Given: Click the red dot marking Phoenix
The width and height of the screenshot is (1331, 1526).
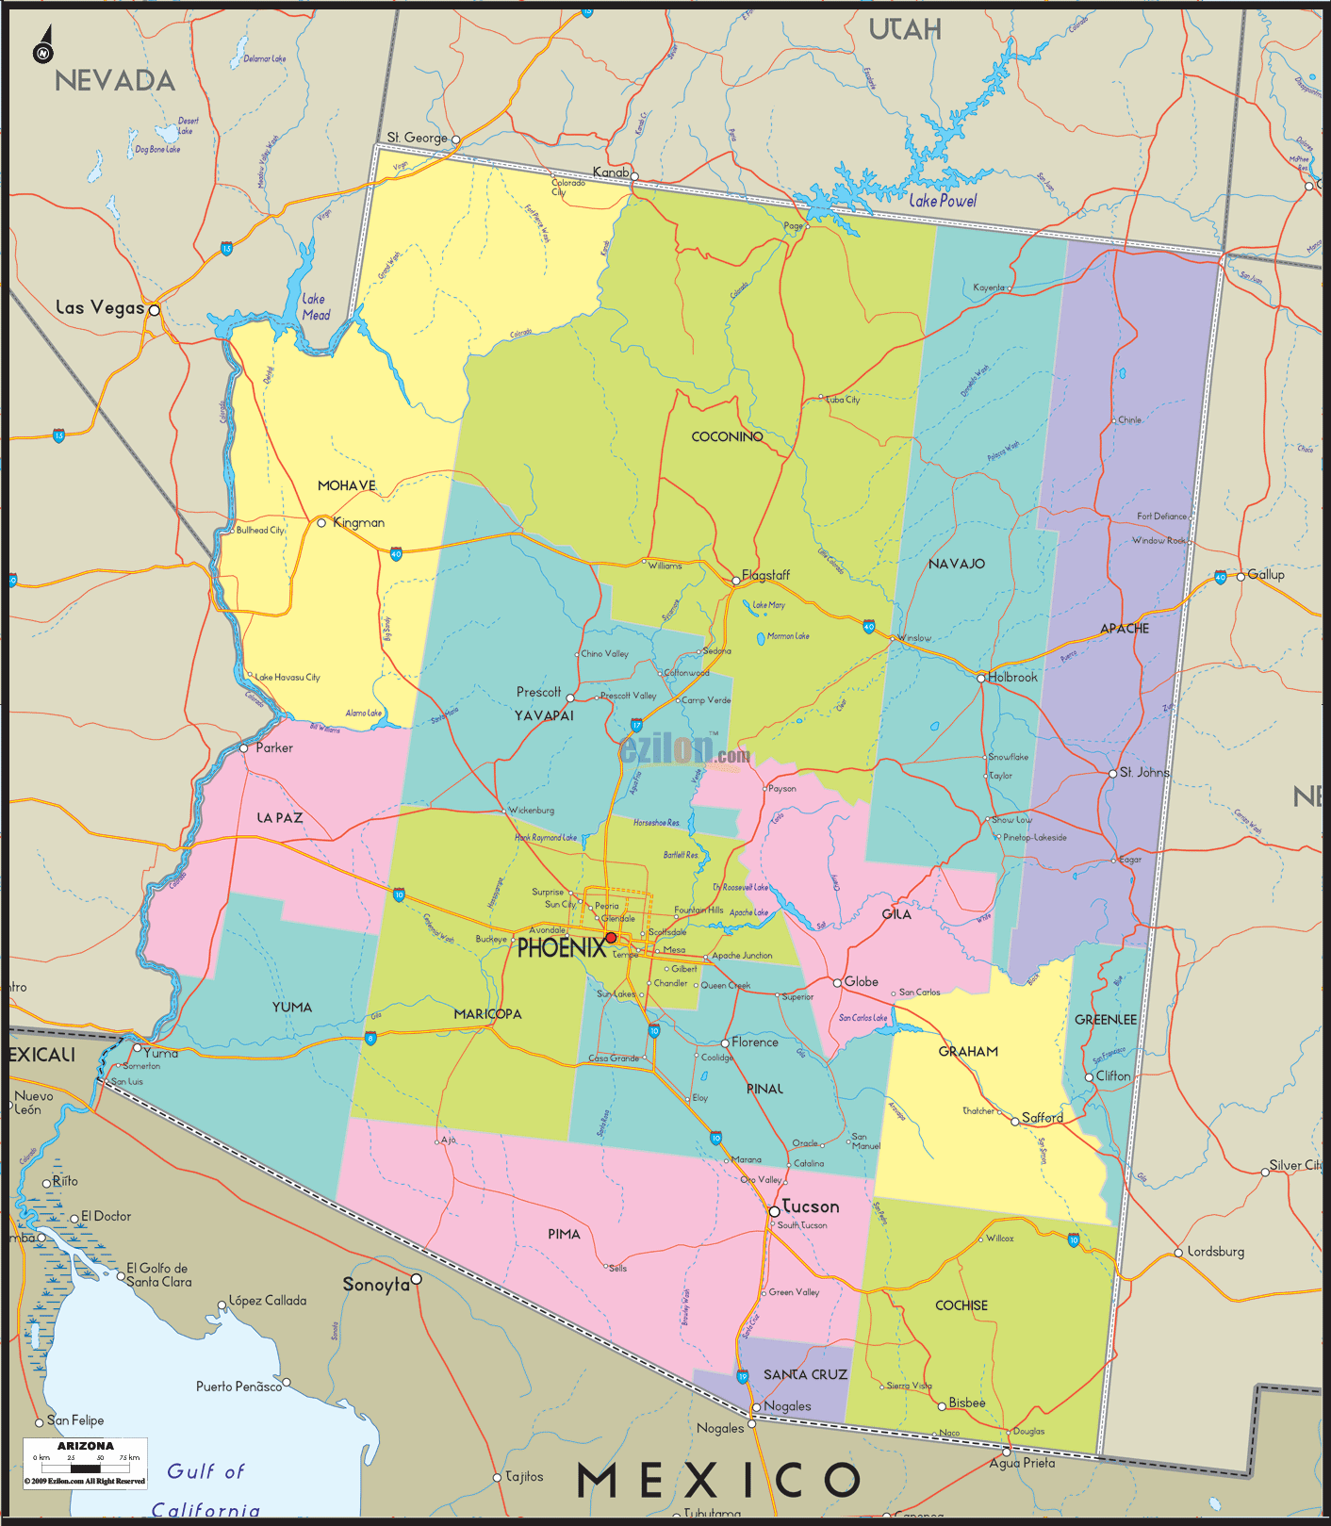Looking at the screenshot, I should [x=611, y=938].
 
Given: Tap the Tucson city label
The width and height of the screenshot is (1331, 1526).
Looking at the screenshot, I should [x=811, y=1206].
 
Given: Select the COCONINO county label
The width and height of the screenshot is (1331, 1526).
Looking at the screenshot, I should [x=727, y=436].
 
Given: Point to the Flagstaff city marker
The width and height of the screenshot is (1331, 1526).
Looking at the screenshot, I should [x=736, y=581].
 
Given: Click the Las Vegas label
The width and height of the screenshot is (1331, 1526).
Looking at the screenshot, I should [x=100, y=307].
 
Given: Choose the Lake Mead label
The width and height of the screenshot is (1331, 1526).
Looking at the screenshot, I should [x=316, y=307].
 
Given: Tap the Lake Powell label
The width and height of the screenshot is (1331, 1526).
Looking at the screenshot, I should [x=943, y=201].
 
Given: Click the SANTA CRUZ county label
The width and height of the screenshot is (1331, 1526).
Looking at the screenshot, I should [x=805, y=1374].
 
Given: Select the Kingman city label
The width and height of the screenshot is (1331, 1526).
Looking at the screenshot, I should [x=358, y=522].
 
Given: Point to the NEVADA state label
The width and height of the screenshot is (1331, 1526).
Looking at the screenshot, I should [x=115, y=81].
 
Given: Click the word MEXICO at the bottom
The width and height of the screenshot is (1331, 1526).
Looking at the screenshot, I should [x=718, y=1480].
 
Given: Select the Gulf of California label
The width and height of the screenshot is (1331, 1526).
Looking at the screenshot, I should [x=205, y=1490].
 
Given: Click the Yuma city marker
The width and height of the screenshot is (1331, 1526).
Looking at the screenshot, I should [x=137, y=1048].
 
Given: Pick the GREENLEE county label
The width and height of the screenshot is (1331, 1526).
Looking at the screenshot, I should [x=1106, y=1020].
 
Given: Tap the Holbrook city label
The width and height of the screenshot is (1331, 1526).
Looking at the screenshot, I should [x=1012, y=677].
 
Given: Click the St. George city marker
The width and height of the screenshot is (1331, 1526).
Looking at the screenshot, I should [x=455, y=139].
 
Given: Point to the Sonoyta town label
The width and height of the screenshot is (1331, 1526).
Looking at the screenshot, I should [x=376, y=1285].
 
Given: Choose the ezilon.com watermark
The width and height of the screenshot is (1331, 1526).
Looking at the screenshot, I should [x=685, y=750].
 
